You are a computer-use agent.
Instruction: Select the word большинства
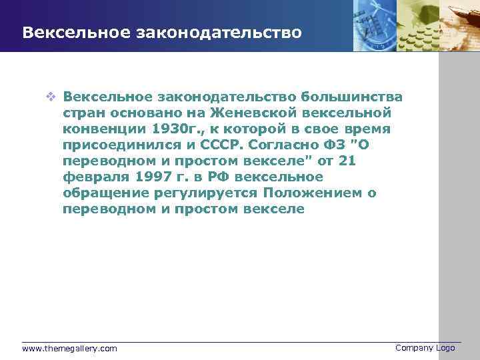pyautogui.click(x=351, y=97)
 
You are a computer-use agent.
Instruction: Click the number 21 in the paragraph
pyautogui.click(x=347, y=161)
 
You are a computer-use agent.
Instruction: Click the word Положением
pyautogui.click(x=314, y=193)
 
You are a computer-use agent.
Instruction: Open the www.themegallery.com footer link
pyautogui.click(x=69, y=349)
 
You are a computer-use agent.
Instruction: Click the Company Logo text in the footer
pyautogui.click(x=425, y=348)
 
